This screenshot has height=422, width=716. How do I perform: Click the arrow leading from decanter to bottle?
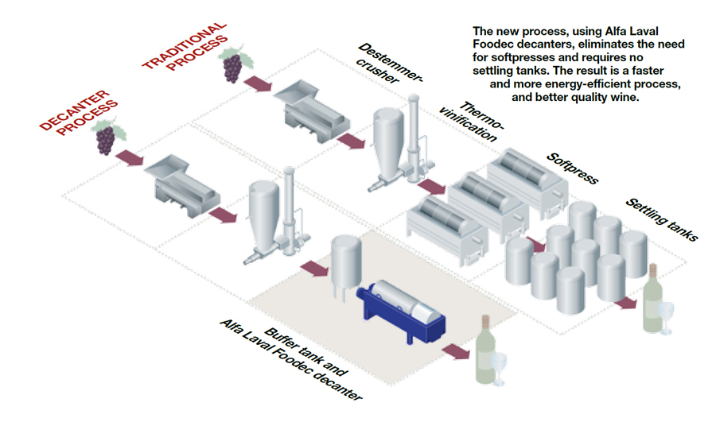pos(457,350)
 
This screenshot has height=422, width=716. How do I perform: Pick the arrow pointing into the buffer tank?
pos(313,269)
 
